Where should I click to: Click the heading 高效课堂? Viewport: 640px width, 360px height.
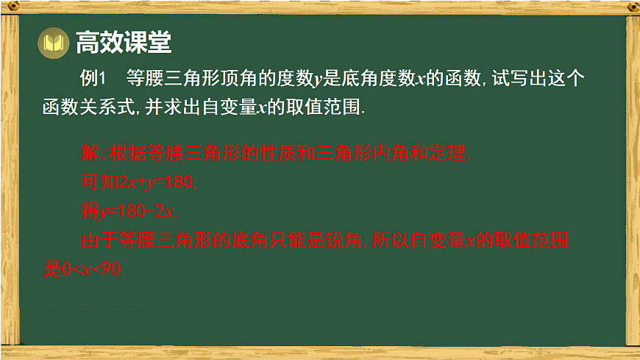pyautogui.click(x=124, y=43)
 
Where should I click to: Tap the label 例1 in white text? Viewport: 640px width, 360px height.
pyautogui.click(x=94, y=79)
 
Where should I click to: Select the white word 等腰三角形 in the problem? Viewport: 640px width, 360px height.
pyautogui.click(x=174, y=79)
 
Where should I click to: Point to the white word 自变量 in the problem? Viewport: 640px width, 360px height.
pyautogui.click(x=227, y=107)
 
